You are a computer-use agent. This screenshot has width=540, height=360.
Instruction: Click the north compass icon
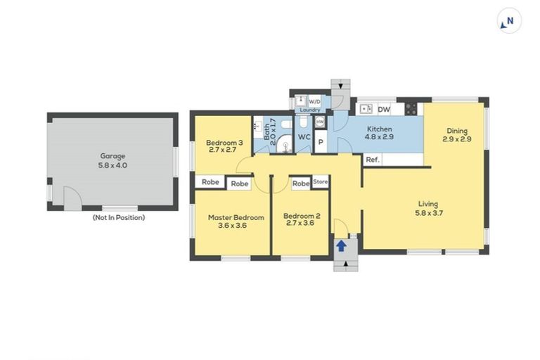[x=509, y=21]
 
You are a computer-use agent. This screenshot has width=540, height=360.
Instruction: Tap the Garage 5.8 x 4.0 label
[x=112, y=160]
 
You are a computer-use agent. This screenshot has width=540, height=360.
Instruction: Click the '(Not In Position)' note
[x=119, y=218]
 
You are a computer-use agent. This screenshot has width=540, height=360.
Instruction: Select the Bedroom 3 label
[x=224, y=146]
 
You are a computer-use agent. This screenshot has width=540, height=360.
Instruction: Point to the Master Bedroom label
[x=236, y=221]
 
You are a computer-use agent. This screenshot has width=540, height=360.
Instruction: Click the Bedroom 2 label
[x=302, y=219]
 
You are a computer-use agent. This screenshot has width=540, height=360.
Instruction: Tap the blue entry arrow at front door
[x=341, y=246]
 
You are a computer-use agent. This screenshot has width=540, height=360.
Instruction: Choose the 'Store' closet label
[x=321, y=182]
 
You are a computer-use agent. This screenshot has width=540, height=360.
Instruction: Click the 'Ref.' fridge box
[x=373, y=160]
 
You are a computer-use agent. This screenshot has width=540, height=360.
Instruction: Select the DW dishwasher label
[x=384, y=110]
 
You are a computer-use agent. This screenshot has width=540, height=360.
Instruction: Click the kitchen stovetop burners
[x=411, y=109]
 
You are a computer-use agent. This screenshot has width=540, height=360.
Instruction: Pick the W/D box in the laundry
[x=314, y=102]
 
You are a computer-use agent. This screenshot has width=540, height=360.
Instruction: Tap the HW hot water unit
[x=320, y=122]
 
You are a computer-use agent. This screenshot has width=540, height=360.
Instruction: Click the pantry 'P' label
[x=321, y=142]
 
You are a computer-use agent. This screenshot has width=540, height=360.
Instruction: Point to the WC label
[x=304, y=137]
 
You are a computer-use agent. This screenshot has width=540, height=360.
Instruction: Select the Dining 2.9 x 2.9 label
[x=457, y=135]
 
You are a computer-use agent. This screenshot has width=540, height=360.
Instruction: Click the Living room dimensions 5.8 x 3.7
[x=429, y=213]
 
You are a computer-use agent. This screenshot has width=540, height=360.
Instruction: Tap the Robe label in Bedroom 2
[x=301, y=184]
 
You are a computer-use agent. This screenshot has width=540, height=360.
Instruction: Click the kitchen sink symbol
[x=366, y=109]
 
